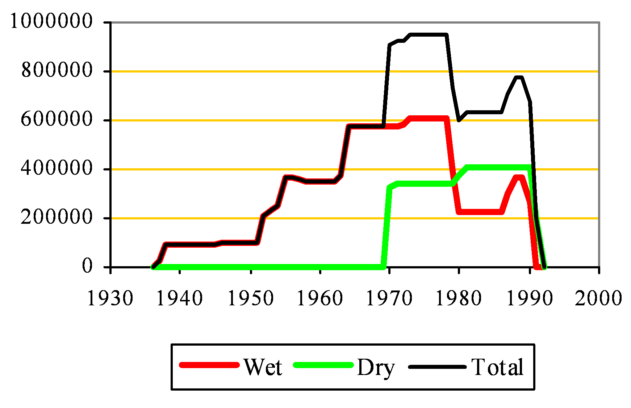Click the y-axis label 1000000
tap(51, 21)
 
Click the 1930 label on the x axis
tap(110, 298)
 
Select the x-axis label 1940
tap(180, 298)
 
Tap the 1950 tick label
tap(250, 298)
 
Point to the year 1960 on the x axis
tap(320, 298)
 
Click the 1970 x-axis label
tap(389, 298)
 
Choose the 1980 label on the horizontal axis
tap(459, 298)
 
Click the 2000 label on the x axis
tap(598, 298)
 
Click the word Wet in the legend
tap(263, 367)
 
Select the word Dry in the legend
tap(376, 368)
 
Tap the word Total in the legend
tap(497, 367)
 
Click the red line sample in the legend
tap(209, 365)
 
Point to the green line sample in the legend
tap(323, 365)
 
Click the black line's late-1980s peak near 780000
tap(519, 77)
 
